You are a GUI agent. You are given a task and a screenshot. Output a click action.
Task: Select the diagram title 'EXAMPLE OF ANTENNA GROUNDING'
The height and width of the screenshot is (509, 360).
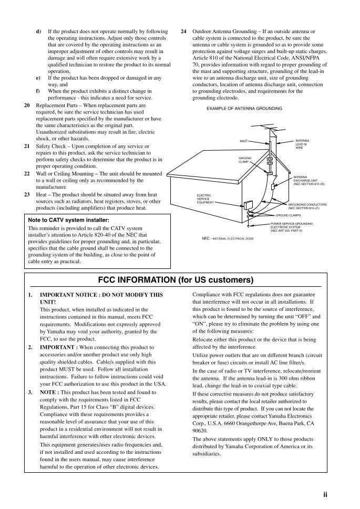point(244,109)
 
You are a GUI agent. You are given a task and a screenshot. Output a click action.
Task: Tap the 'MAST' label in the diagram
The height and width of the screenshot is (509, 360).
point(243,141)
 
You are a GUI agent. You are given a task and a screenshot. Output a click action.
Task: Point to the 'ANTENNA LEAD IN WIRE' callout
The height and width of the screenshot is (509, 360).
point(302,144)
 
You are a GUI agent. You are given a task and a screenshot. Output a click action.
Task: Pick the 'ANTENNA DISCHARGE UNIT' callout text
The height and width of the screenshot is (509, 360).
point(309,181)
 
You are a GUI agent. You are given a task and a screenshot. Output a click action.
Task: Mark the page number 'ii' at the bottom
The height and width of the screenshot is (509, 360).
point(325,494)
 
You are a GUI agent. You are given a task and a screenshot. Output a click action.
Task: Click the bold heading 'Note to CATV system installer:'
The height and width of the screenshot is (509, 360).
point(68,220)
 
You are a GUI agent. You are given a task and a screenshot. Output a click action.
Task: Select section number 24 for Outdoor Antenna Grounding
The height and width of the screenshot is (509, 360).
point(183,32)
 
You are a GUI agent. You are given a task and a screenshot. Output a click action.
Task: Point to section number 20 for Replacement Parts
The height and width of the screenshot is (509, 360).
point(27,105)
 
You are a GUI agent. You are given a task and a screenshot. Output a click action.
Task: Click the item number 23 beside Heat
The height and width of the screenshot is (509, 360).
point(27,194)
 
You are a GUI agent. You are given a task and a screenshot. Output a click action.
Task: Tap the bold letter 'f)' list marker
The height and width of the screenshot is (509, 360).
point(38,91)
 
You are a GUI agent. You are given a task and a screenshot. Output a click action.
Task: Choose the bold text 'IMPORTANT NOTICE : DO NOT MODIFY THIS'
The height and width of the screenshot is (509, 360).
point(101,295)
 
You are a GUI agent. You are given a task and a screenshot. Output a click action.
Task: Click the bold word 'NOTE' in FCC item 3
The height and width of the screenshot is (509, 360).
point(48,392)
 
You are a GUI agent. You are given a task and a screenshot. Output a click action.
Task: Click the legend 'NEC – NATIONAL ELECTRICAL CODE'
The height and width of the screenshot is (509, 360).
point(228,238)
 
